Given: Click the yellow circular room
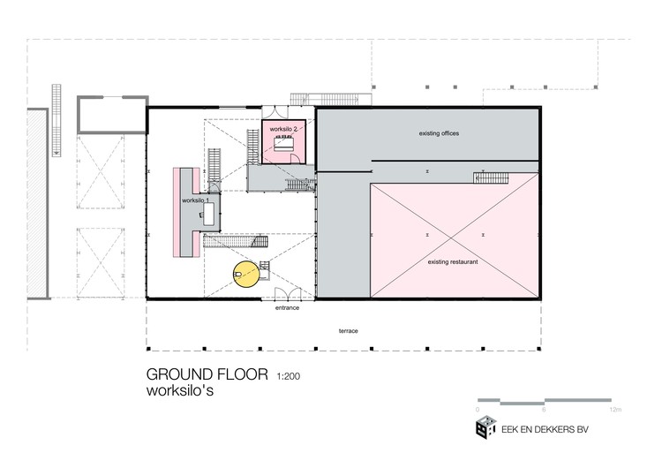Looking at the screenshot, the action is tap(246, 274).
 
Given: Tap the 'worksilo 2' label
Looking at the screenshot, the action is tap(283, 129).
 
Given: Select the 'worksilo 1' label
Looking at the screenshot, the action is tap(195, 200).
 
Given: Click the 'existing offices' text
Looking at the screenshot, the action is tap(439, 133).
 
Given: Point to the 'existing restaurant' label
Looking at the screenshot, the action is tap(453, 262).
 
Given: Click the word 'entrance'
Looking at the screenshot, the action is tap(287, 308).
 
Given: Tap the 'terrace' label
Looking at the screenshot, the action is tap(349, 331).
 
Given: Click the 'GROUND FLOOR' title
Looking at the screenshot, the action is tap(207, 374).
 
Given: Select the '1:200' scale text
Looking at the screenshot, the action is tap(289, 376).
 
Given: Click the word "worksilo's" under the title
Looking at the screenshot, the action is tap(180, 390).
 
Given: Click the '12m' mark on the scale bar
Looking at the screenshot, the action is tap(615, 410).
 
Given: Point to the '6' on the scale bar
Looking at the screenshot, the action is tap(544, 410).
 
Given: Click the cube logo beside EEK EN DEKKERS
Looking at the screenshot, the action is tap(486, 427).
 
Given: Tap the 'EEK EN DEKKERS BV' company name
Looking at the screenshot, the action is tap(545, 430).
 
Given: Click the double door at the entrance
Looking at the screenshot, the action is tap(288, 293).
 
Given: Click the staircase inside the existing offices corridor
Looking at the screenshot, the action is tap(491, 177).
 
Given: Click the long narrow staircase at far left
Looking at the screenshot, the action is tap(56, 120).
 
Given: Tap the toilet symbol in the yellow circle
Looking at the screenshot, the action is tap(237, 275).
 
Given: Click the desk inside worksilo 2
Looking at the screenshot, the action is tap(284, 144).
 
